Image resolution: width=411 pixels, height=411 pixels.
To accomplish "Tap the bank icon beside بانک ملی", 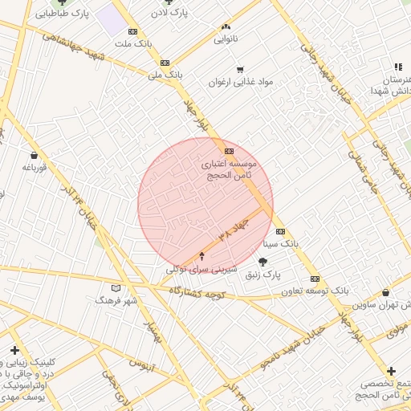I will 165,63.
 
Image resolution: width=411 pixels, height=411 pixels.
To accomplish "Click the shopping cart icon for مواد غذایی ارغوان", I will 240,69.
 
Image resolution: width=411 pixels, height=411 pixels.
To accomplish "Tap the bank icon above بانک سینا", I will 279,231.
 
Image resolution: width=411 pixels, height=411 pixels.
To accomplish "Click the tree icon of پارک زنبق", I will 262,262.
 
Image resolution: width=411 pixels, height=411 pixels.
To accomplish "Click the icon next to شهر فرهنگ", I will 116,287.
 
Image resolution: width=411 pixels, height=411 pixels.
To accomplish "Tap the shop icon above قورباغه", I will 34,156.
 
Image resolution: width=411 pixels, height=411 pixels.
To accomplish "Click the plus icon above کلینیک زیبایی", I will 14,350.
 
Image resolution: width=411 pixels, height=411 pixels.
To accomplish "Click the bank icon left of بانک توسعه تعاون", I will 314,279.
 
